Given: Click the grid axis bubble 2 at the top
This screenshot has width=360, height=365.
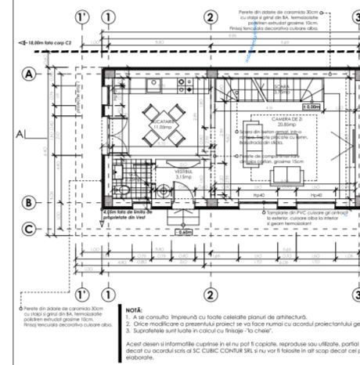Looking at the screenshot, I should (x=210, y=17).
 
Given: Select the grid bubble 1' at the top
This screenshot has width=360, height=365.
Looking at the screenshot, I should (x=81, y=17).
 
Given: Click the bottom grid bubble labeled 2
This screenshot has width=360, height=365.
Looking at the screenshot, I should (x=210, y=295).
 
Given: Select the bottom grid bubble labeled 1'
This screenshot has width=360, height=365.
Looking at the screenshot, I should (x=81, y=295).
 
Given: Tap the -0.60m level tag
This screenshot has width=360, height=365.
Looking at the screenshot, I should (x=184, y=232).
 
